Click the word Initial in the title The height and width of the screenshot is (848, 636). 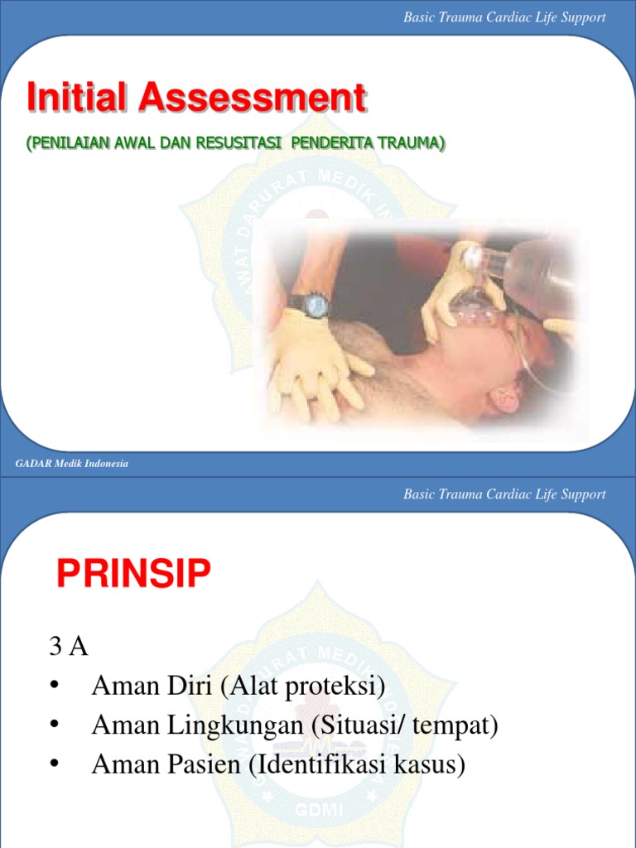79,99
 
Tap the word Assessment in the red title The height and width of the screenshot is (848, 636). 252,99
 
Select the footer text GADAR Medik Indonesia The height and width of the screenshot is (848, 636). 72,464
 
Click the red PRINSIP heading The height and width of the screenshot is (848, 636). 133,573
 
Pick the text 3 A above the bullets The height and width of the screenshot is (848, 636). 69,647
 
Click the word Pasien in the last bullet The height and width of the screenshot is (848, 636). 202,765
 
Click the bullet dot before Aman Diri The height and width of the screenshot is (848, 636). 55,687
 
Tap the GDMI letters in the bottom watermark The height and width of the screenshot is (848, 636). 317,810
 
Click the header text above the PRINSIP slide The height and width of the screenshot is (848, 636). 504,494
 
